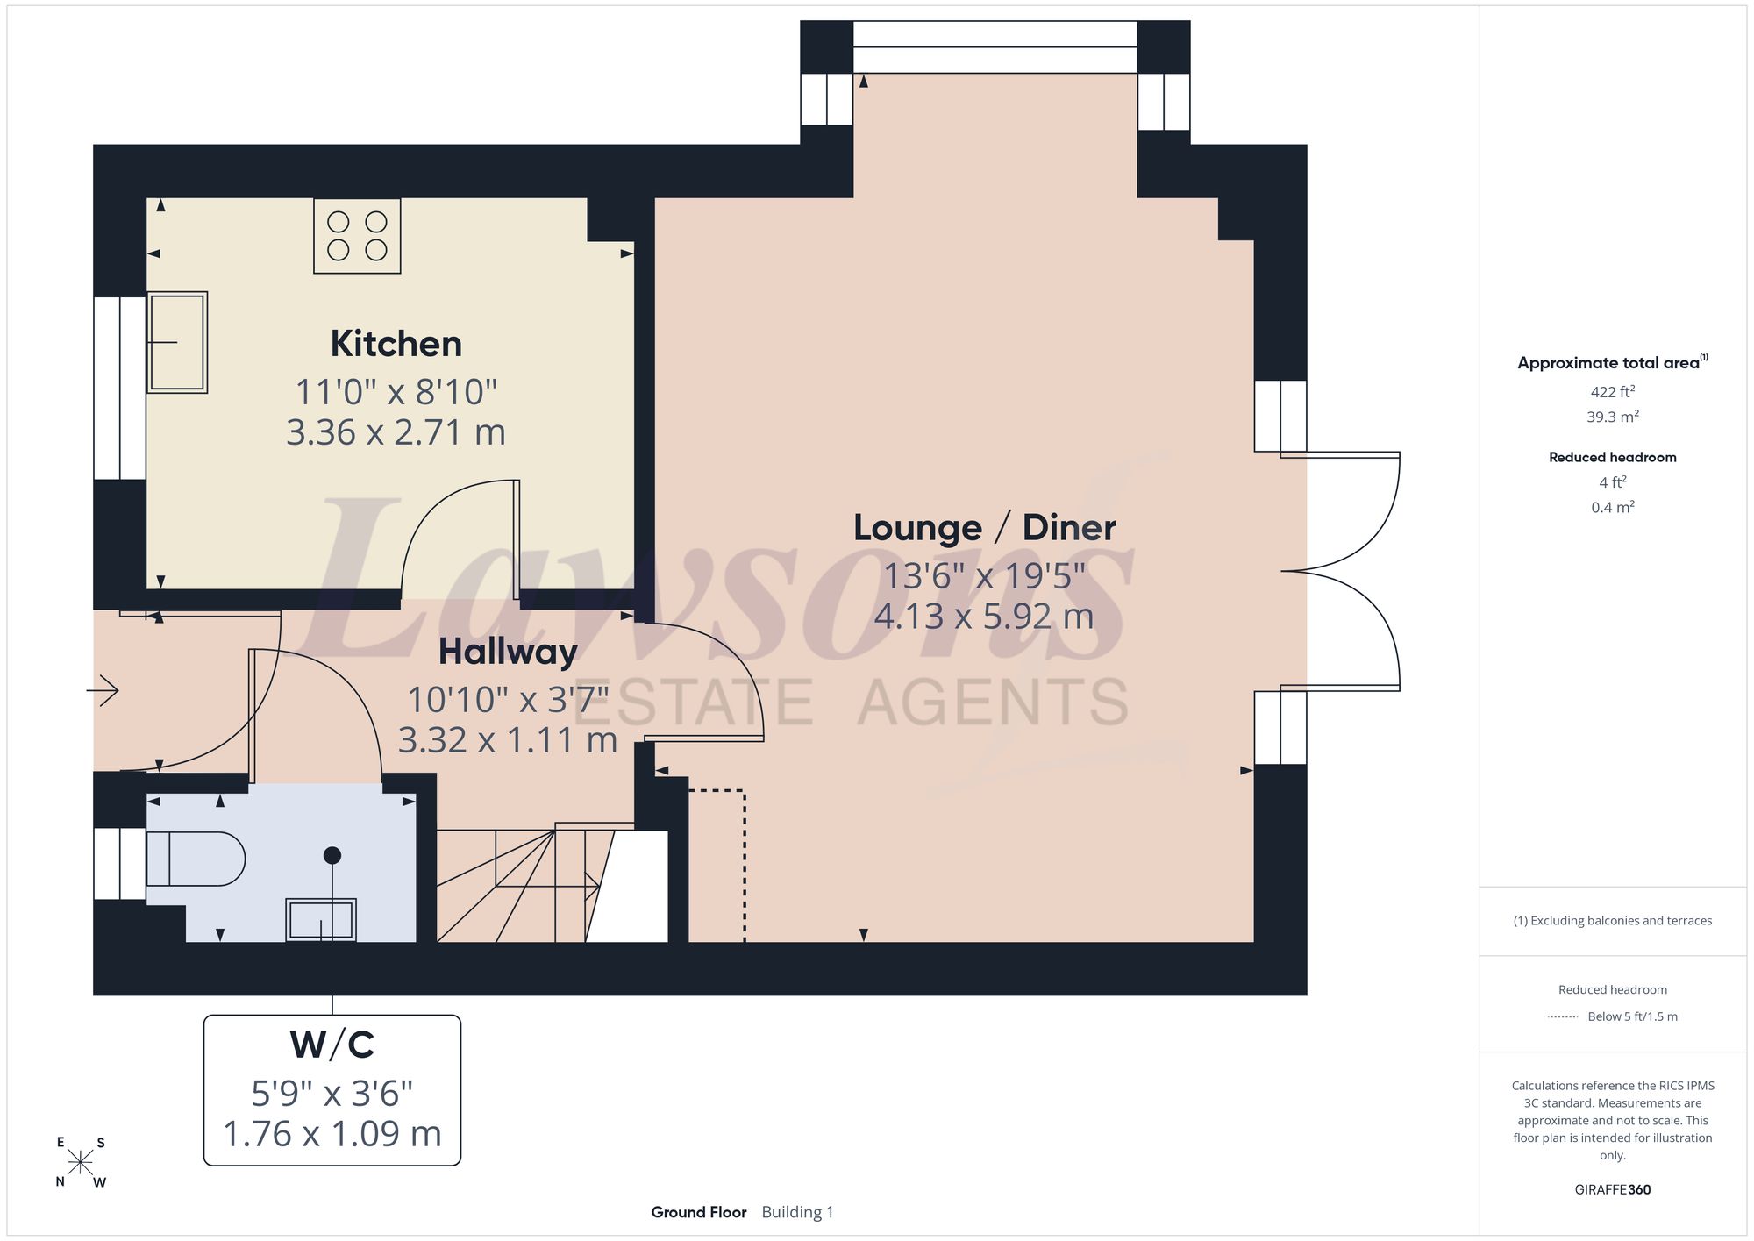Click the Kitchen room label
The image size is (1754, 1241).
(x=396, y=344)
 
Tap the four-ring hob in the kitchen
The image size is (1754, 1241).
(x=357, y=236)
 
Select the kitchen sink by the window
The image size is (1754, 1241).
(x=177, y=342)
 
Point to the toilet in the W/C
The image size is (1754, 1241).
(x=196, y=859)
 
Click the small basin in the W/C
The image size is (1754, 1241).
(x=321, y=920)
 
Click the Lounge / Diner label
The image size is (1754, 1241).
(x=985, y=528)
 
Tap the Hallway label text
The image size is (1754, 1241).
(x=508, y=653)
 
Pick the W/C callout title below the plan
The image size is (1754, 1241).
(x=332, y=1045)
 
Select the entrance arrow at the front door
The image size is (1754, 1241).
(x=103, y=690)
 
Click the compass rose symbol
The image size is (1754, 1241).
(x=81, y=1162)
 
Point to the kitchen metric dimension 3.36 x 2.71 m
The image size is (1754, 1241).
(x=396, y=432)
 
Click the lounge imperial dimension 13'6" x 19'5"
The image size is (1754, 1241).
(x=985, y=576)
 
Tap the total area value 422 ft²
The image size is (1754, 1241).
(x=1613, y=392)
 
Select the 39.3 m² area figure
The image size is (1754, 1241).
(x=1613, y=417)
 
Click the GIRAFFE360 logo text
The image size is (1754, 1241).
(x=1613, y=1190)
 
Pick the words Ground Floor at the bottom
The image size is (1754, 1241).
(x=699, y=1212)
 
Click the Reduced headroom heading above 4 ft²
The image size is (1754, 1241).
(x=1613, y=457)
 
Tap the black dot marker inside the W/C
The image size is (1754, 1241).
(x=332, y=855)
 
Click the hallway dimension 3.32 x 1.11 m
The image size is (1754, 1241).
(x=508, y=741)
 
